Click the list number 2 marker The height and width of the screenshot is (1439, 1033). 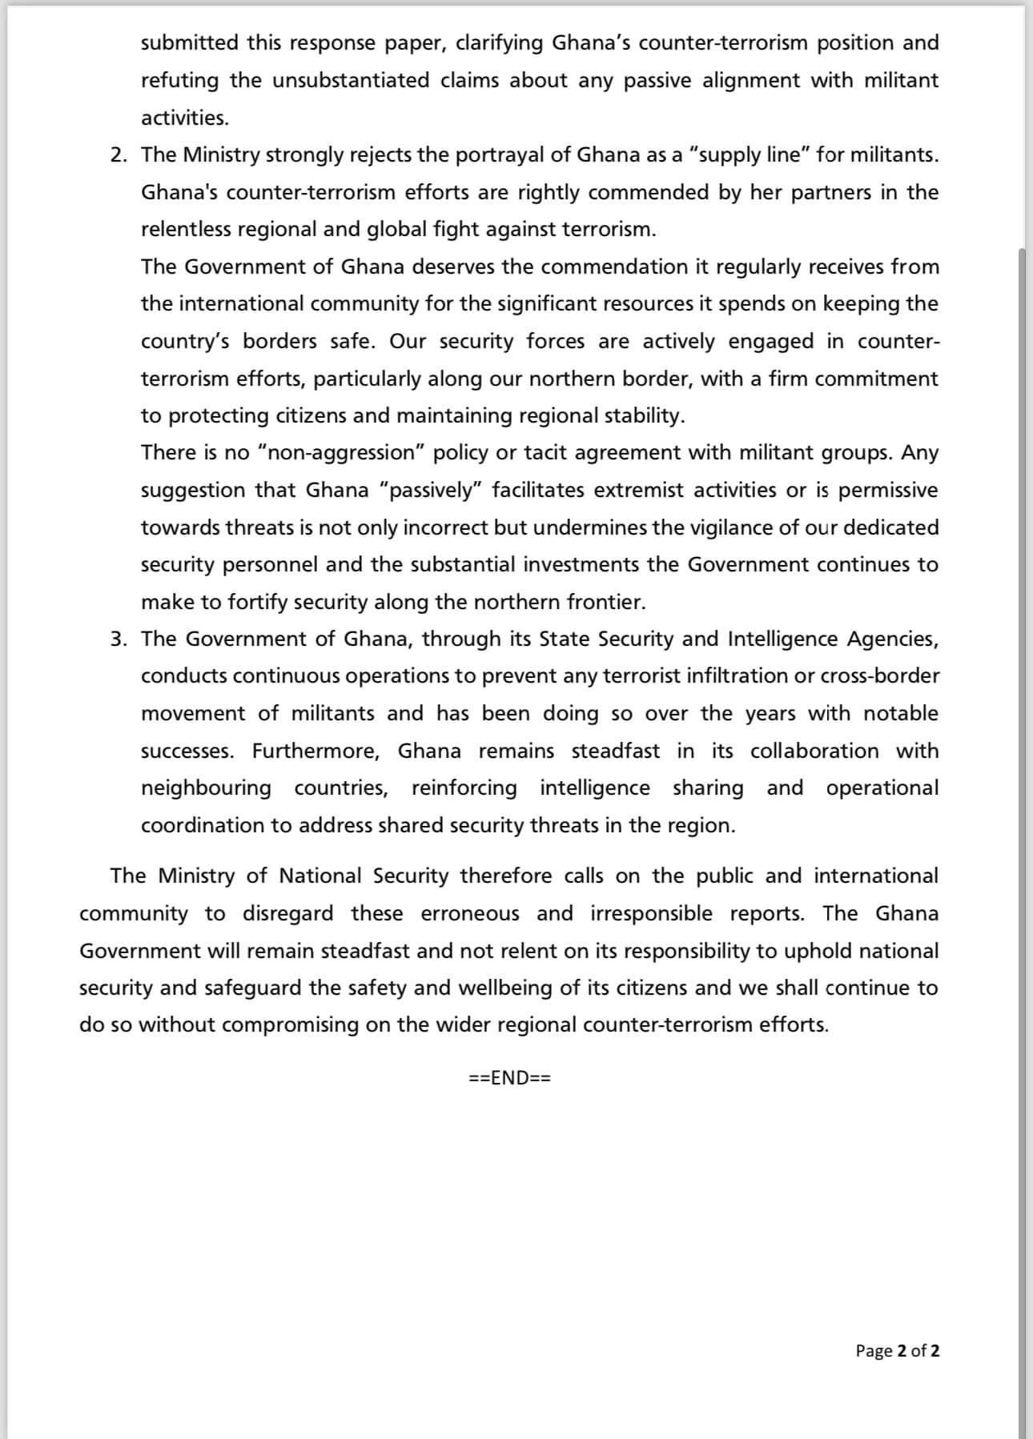[119, 155]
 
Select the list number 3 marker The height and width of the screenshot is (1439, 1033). [119, 639]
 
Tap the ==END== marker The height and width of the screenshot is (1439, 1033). [510, 1078]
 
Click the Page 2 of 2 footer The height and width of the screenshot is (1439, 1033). [897, 1351]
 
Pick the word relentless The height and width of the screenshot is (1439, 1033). [186, 230]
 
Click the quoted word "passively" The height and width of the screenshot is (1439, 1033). [432, 490]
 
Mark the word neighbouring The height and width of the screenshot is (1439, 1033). [207, 788]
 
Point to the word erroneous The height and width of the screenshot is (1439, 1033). [470, 914]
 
